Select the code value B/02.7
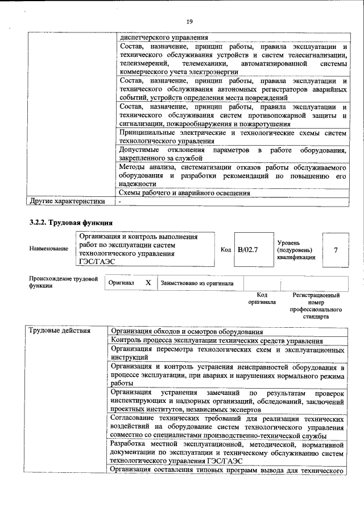point(248,249)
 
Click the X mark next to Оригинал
point(148,282)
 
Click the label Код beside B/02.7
point(225,249)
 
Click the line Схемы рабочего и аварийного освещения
point(184,193)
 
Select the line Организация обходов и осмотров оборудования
point(187,331)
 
